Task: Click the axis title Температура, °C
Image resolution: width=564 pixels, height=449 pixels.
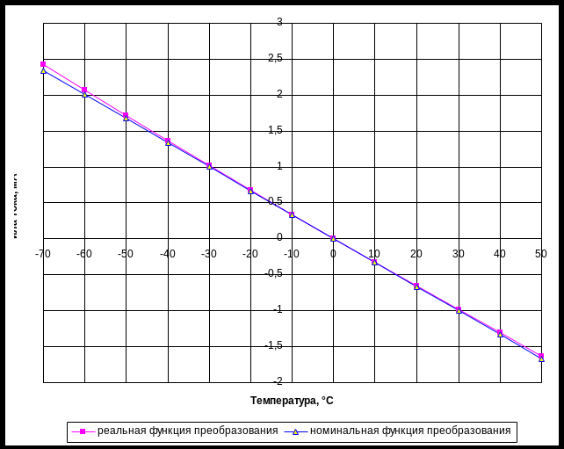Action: (292, 401)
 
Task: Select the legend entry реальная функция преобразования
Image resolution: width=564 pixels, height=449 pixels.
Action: (187, 431)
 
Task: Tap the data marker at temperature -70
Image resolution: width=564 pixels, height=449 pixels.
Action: (43, 70)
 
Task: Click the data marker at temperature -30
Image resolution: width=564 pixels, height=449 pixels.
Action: (209, 166)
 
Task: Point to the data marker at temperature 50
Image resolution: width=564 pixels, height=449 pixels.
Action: (541, 358)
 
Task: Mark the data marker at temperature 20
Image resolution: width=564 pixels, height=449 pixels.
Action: (416, 287)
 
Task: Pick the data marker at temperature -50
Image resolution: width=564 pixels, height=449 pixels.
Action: (127, 118)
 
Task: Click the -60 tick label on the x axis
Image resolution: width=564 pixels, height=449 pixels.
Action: (84, 253)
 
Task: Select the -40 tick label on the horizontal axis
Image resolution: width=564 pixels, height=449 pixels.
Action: (168, 253)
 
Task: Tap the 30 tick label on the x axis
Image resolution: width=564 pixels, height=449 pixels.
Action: (459, 253)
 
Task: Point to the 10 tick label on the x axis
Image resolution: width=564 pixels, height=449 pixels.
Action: (375, 253)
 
